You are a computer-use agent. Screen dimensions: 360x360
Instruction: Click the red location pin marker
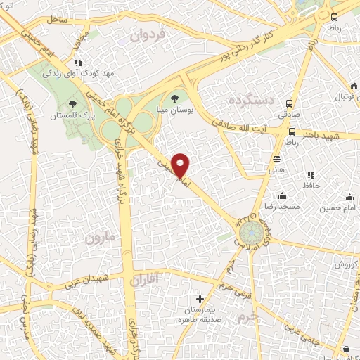click(181, 165)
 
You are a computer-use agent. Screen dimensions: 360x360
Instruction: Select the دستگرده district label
click(250, 101)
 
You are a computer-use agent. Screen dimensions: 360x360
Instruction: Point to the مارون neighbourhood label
click(99, 238)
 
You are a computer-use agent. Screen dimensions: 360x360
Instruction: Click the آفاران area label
click(146, 281)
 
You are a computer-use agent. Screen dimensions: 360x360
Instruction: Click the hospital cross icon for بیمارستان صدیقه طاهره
click(200, 300)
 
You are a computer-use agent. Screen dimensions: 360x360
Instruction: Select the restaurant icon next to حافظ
click(309, 175)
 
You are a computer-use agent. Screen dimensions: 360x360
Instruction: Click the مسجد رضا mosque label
click(282, 207)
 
